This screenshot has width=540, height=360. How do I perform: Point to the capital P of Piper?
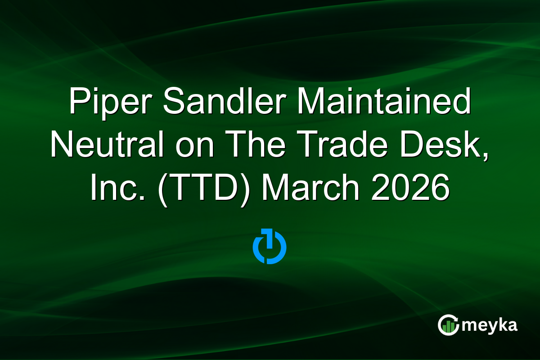coord(80,102)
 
